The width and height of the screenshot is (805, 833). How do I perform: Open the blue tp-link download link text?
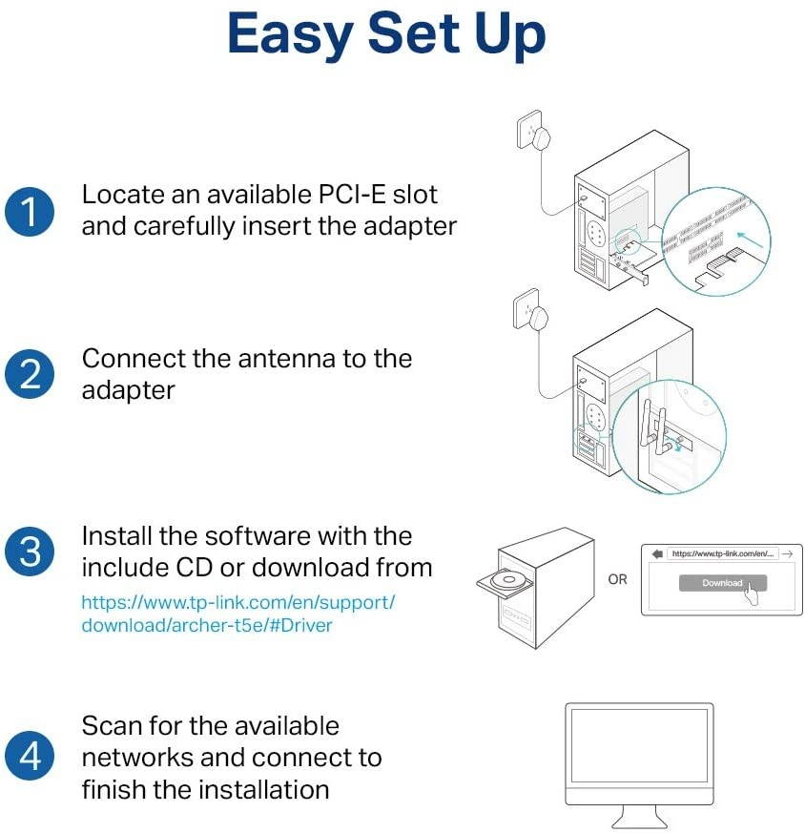click(237, 614)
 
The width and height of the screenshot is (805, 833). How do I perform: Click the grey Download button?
click(722, 582)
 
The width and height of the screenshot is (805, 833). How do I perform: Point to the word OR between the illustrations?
click(618, 579)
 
